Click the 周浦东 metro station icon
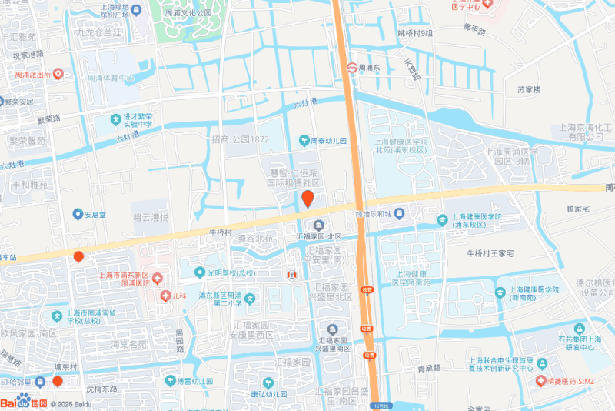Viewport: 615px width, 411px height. click(351, 68)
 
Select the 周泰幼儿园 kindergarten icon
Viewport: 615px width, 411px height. click(303, 141)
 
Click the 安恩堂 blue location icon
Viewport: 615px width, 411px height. click(77, 214)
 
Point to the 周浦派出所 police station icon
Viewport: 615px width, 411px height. click(58, 75)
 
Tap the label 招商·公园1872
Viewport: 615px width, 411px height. click(239, 139)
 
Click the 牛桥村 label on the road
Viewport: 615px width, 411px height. click(220, 232)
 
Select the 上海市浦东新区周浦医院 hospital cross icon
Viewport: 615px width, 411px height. click(157, 278)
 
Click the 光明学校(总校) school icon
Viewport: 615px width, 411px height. click(198, 272)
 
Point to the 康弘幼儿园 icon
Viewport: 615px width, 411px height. click(268, 383)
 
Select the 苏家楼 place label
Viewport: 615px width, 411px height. click(529, 89)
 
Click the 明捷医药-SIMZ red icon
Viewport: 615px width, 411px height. click(543, 382)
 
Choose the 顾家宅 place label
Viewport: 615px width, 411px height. click(577, 209)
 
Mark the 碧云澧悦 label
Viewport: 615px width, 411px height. click(150, 218)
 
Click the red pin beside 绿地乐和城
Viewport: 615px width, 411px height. click(307, 200)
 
